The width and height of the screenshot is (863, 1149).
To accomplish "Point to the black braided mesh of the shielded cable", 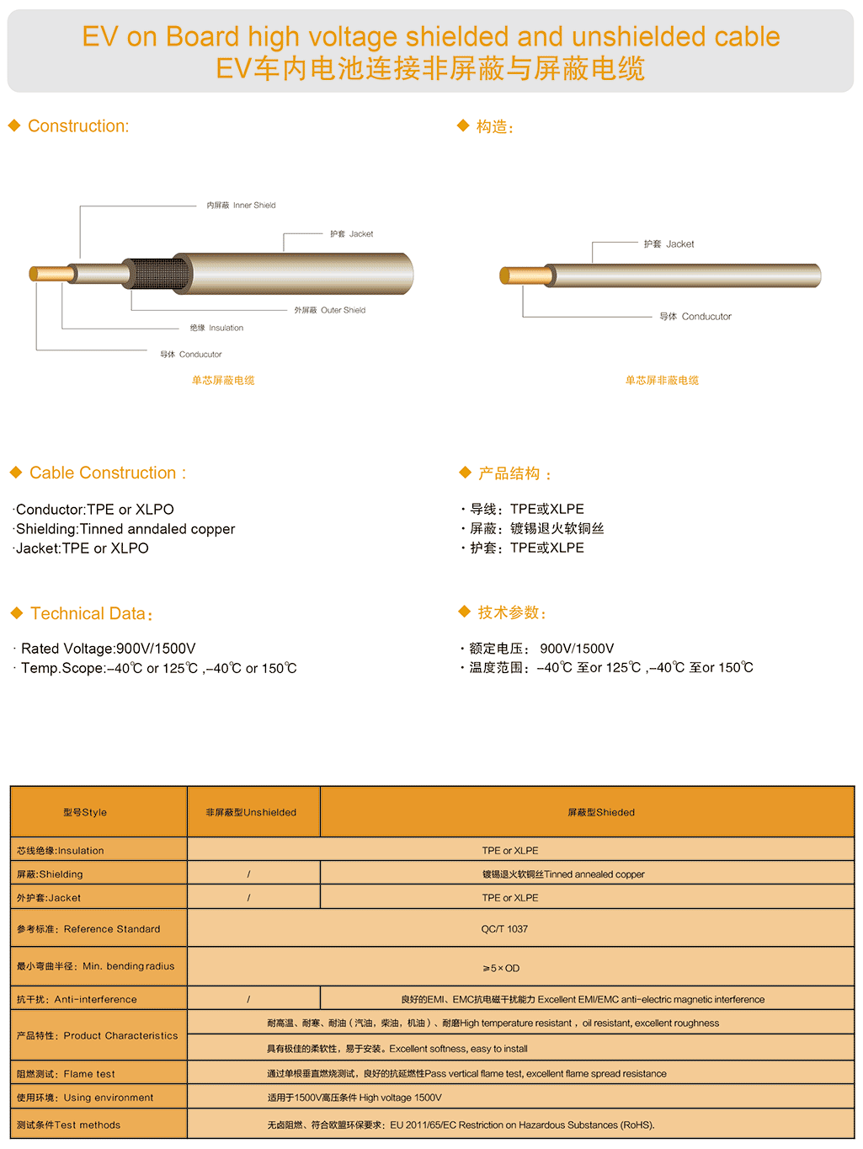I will coord(156,275).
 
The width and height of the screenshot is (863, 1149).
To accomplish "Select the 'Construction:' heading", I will coord(78,126).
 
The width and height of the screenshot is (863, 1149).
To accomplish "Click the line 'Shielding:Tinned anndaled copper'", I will coord(125,529).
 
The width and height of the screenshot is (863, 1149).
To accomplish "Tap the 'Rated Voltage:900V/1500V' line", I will coord(108,649).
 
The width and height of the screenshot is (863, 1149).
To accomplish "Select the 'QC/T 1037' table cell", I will coord(504,929).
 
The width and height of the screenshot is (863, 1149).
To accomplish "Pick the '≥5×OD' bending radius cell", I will coord(501,969).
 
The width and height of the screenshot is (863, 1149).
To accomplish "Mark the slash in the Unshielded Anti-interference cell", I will coord(248,1000).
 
